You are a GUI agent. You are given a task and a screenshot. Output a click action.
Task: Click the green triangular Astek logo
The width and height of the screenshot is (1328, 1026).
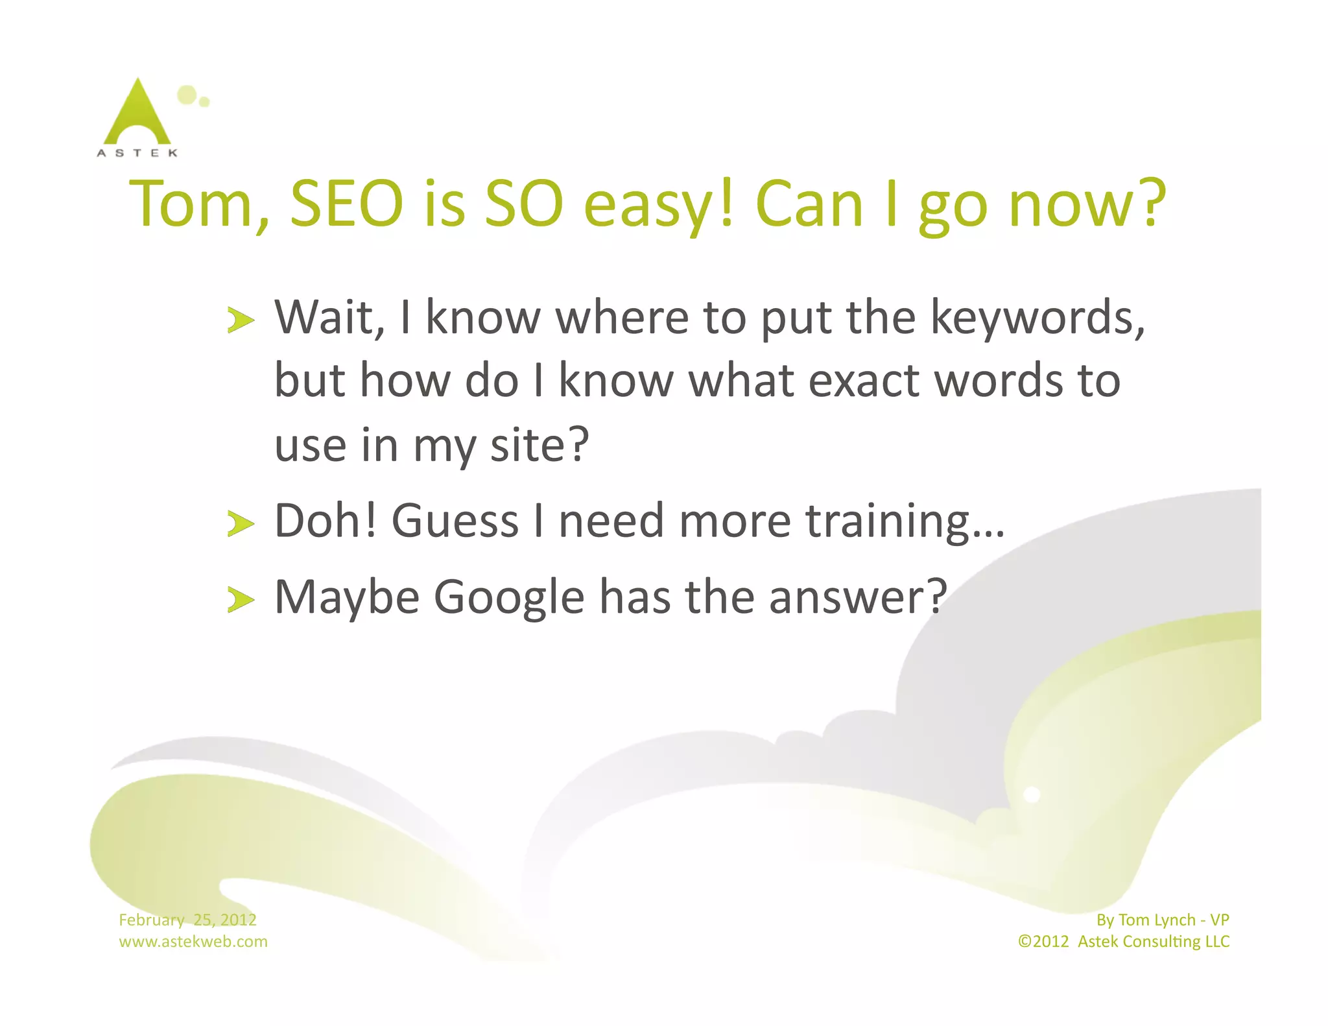click(x=137, y=113)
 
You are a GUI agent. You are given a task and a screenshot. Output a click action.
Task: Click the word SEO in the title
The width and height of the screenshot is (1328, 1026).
click(x=346, y=204)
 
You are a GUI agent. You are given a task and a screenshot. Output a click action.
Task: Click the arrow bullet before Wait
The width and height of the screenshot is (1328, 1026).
click(x=240, y=320)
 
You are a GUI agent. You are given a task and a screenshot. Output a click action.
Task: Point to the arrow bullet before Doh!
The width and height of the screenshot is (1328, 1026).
click(x=240, y=523)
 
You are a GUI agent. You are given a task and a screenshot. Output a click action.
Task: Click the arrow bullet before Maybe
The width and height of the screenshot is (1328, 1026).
click(x=240, y=600)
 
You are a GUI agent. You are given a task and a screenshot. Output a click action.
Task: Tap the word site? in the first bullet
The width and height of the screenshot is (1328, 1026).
click(x=539, y=446)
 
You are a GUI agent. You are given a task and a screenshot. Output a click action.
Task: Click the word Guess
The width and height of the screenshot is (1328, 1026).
click(x=455, y=521)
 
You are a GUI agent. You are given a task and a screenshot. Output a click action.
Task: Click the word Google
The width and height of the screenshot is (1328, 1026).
click(x=509, y=597)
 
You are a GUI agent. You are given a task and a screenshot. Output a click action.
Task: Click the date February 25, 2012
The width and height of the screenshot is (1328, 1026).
click(x=187, y=920)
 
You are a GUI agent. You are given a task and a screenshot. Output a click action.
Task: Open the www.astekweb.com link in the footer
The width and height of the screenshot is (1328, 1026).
click(x=193, y=941)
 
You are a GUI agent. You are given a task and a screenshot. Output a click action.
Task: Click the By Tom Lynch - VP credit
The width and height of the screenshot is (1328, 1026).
click(x=1162, y=920)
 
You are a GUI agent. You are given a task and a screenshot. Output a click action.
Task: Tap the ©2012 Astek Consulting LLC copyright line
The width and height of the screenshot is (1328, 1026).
click(x=1123, y=941)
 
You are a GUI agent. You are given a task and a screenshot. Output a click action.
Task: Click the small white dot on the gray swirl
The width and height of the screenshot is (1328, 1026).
click(x=1031, y=794)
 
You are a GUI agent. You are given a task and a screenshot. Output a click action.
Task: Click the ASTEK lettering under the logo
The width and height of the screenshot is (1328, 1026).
click(x=137, y=153)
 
